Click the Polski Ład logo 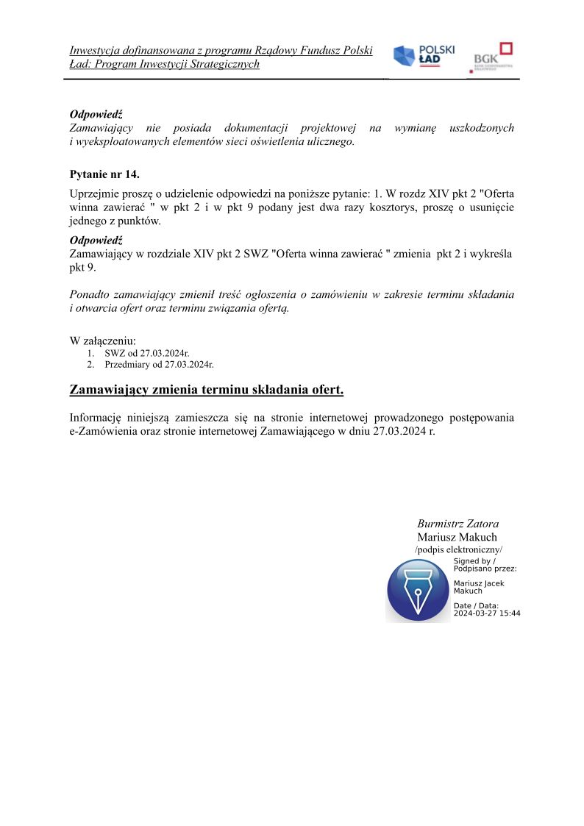[424, 56]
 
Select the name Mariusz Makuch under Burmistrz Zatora [457, 537]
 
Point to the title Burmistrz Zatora [457, 524]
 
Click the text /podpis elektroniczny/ [458, 550]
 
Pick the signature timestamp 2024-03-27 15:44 [487, 613]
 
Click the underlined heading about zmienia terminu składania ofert [207, 389]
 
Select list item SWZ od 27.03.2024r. [147, 353]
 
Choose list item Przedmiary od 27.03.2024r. [159, 364]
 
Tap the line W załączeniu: [103, 341]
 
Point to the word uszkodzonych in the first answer [481, 128]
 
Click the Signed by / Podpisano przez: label [485, 565]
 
